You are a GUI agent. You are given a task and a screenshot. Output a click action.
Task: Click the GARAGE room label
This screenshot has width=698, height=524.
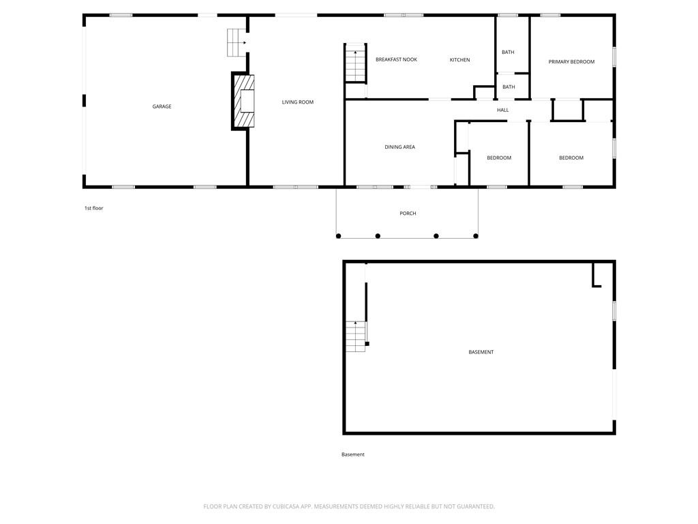click(x=162, y=106)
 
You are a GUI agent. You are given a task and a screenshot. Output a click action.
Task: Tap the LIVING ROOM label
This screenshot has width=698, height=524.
click(x=298, y=102)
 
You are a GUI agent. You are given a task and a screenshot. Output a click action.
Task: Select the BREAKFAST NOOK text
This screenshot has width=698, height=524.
click(x=396, y=60)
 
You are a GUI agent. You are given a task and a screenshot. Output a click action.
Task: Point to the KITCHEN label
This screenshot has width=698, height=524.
click(x=459, y=60)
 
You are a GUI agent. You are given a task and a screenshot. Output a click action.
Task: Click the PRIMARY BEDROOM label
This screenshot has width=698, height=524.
click(x=571, y=62)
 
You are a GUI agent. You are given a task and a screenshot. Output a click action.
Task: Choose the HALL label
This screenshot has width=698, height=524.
click(x=502, y=110)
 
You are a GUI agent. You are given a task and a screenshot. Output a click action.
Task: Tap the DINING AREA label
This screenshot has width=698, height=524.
click(x=399, y=147)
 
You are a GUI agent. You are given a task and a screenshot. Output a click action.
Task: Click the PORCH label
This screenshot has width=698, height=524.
click(x=408, y=214)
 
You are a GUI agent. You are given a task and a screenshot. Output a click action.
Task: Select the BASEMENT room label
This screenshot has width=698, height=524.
click(x=481, y=352)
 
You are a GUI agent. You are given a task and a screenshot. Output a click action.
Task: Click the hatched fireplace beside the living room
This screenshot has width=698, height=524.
click(x=244, y=101)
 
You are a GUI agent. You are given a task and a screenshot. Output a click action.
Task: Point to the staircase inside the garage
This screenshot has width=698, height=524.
click(x=236, y=42)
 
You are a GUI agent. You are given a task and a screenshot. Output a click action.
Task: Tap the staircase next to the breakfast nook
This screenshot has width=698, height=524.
click(x=355, y=65)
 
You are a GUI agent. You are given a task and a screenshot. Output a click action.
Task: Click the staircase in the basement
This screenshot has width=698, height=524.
click(x=355, y=336)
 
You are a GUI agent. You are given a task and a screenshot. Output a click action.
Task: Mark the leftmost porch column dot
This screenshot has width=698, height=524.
click(x=338, y=236)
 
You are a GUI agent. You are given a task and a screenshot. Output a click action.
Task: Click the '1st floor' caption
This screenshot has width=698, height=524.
click(x=93, y=208)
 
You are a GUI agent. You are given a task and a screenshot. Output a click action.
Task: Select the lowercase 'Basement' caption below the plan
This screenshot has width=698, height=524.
click(x=353, y=454)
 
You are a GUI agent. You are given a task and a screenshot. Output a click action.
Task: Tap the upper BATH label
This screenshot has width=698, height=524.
click(x=508, y=53)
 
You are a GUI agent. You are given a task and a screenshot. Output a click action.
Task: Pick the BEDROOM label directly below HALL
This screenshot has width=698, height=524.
click(x=498, y=158)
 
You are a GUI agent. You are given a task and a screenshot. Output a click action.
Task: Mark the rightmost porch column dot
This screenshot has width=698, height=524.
click(x=476, y=236)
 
